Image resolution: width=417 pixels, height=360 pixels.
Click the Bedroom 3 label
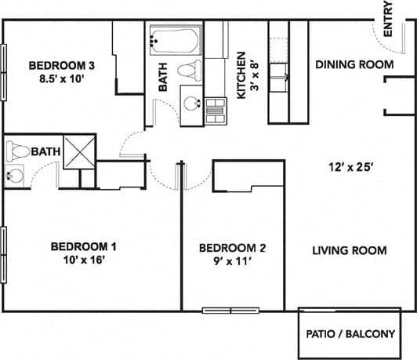tap(61, 65)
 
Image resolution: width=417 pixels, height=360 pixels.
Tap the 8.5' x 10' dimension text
tap(62, 78)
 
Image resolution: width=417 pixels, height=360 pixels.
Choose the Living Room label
tap(350, 250)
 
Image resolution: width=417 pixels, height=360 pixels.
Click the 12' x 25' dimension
tap(350, 166)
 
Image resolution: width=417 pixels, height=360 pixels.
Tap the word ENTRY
tap(387, 21)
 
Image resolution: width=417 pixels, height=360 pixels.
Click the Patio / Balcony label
tap(349, 333)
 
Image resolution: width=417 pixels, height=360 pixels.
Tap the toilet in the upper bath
tap(188, 70)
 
